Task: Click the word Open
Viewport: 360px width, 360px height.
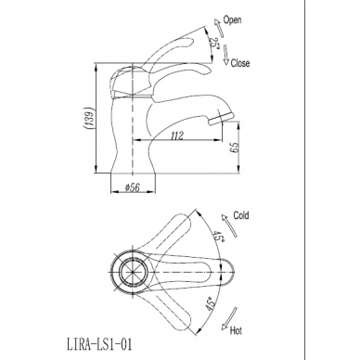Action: [232, 20]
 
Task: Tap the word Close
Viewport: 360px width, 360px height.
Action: [240, 63]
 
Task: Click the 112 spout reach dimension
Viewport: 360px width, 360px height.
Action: [176, 135]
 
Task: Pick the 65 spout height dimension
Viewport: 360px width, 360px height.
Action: [235, 148]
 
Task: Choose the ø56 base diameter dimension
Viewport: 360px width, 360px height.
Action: [132, 187]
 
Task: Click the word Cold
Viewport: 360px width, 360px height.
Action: [241, 215]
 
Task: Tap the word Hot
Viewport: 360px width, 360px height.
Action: [236, 330]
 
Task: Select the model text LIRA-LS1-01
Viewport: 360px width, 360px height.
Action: [99, 344]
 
